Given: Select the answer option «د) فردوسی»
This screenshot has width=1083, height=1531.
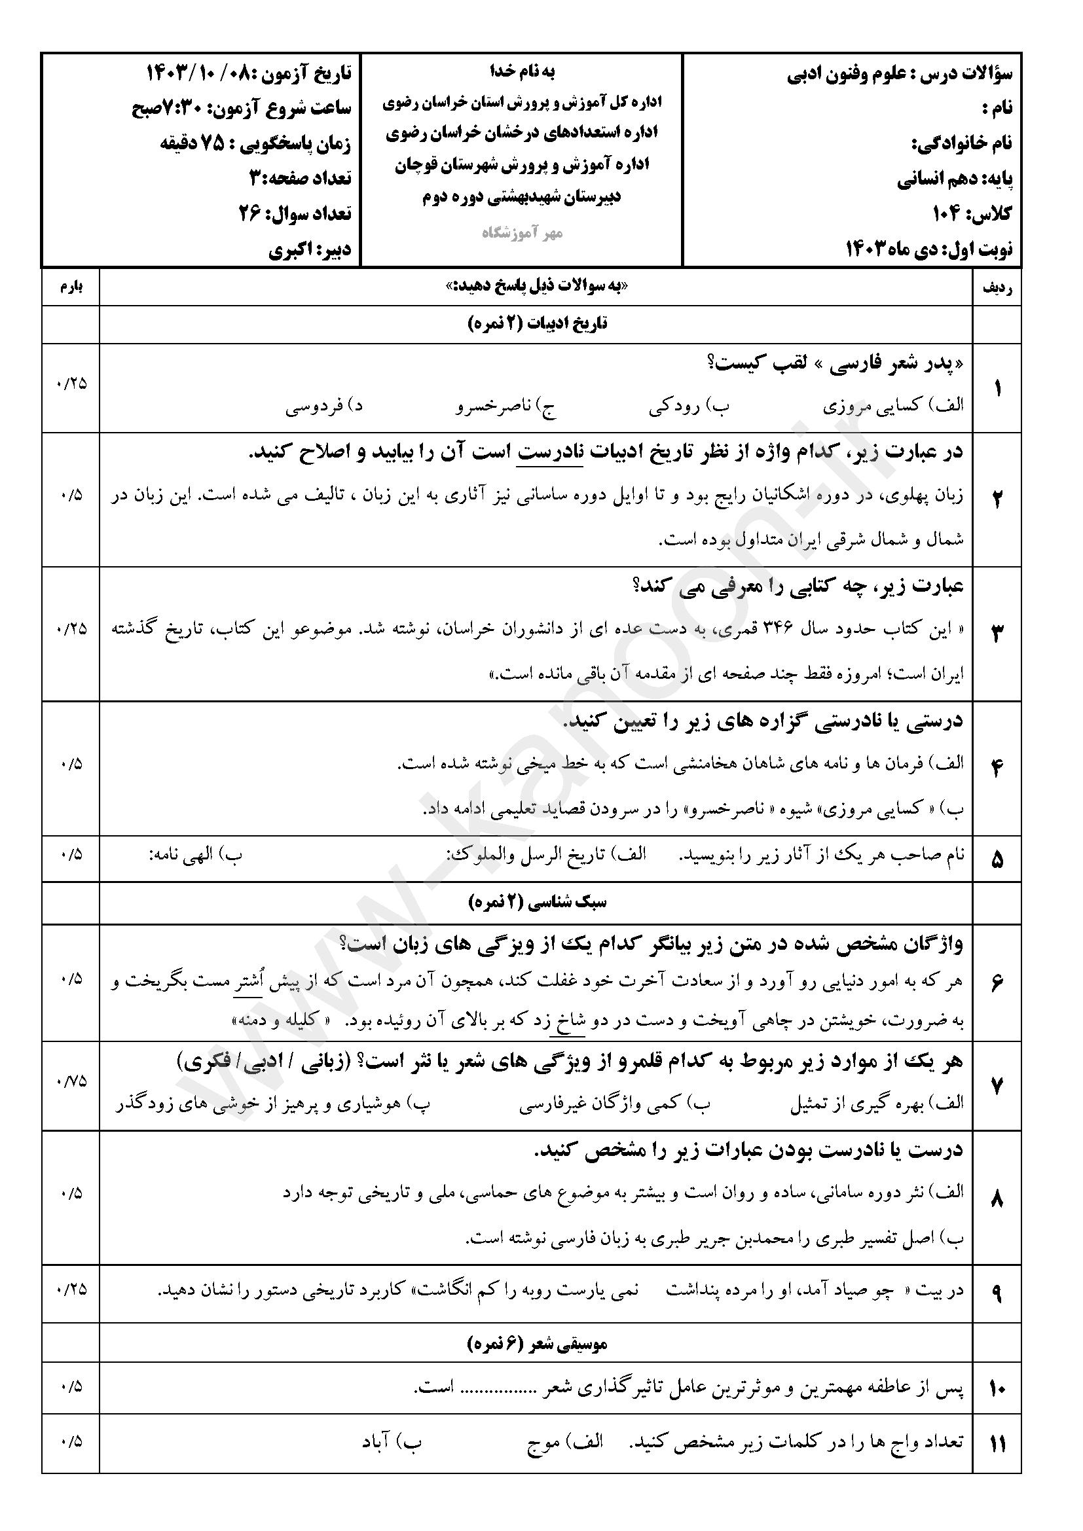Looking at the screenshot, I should click(324, 406).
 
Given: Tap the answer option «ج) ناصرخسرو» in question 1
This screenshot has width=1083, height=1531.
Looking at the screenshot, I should click(506, 406).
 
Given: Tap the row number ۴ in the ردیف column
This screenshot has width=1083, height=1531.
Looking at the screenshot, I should click(997, 768).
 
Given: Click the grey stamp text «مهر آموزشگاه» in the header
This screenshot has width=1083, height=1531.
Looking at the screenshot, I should click(523, 233).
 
